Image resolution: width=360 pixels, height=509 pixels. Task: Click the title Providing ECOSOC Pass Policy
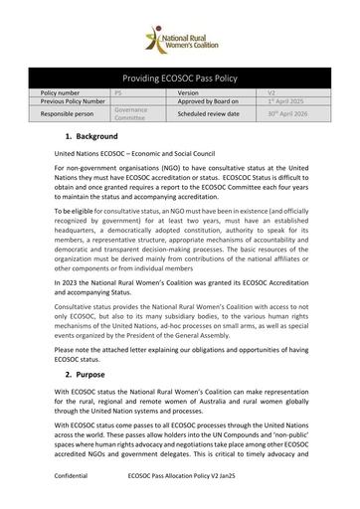179,77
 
